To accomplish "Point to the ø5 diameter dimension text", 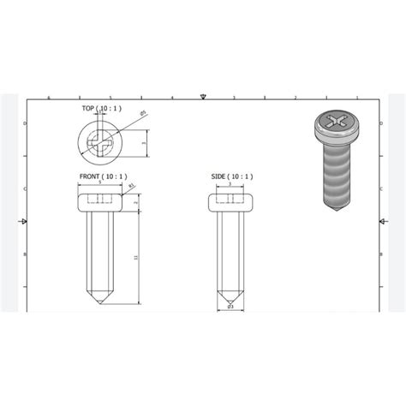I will click(143, 113).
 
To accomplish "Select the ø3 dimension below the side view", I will click(230, 307).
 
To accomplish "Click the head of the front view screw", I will click(100, 201).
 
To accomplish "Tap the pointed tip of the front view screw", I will click(100, 302).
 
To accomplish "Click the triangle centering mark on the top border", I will click(202, 97).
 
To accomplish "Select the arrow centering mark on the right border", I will click(378, 223).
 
